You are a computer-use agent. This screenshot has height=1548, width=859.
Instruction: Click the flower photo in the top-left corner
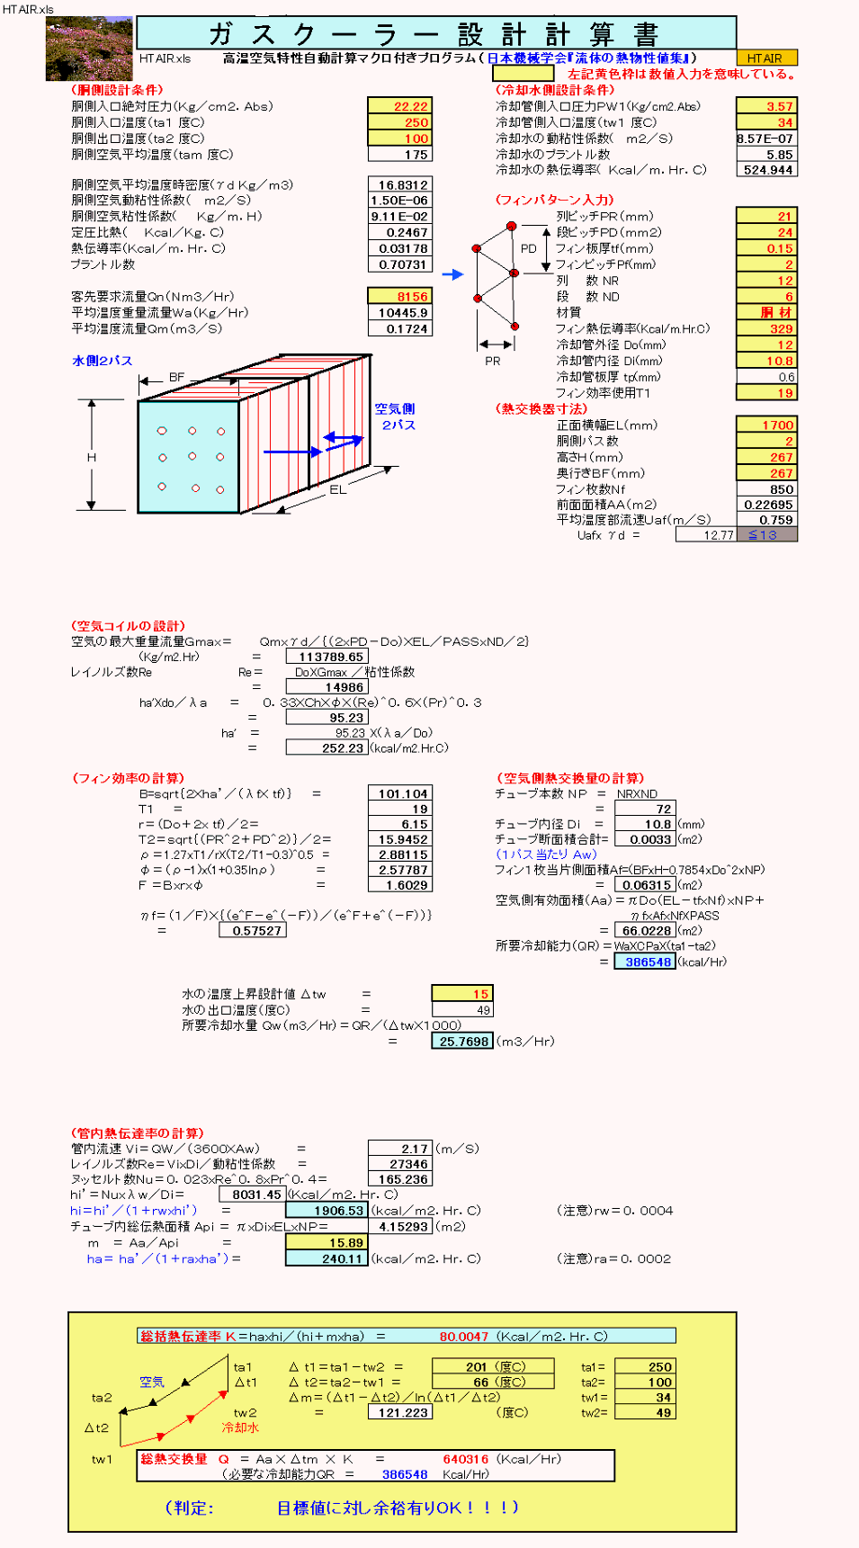(x=88, y=49)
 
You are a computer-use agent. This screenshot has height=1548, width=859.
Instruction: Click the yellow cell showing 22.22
(x=399, y=106)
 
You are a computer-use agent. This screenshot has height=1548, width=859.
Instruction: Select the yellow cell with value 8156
(x=399, y=297)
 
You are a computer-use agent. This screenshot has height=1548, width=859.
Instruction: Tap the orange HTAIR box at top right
(x=765, y=58)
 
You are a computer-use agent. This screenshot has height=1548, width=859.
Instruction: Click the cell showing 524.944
(x=766, y=170)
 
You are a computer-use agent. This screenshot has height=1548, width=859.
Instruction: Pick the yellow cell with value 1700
(x=766, y=425)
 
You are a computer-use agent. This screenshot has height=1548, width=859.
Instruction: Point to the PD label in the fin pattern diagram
(x=529, y=249)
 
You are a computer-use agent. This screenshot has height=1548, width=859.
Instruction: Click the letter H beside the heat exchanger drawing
(x=91, y=458)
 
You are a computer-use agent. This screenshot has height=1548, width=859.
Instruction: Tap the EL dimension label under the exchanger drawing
(x=337, y=490)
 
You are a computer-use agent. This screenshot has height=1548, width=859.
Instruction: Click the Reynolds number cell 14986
(x=327, y=687)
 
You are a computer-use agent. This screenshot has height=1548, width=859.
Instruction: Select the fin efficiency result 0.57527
(x=253, y=931)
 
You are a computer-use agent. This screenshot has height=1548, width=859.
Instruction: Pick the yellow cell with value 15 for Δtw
(x=462, y=994)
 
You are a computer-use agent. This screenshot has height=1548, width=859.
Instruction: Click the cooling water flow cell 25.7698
(x=462, y=1042)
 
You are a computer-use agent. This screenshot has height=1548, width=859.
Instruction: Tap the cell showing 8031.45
(x=253, y=1195)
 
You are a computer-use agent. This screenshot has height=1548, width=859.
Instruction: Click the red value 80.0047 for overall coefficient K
(x=463, y=1337)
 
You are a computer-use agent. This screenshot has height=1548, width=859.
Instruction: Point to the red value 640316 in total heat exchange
(x=465, y=1459)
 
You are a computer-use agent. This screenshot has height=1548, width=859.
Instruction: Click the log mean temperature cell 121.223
(x=399, y=1412)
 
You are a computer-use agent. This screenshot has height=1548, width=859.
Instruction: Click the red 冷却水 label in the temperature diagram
(x=240, y=1427)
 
